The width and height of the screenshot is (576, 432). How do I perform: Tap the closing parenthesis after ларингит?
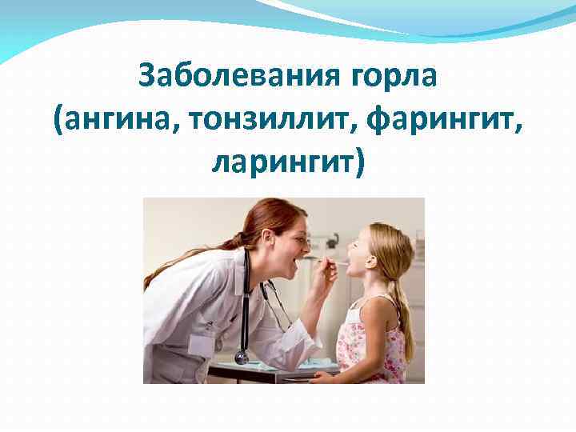click(358, 163)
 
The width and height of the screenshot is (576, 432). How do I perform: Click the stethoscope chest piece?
click(241, 358)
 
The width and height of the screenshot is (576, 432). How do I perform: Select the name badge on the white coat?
click(202, 346)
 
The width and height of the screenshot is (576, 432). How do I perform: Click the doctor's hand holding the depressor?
click(326, 270)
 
